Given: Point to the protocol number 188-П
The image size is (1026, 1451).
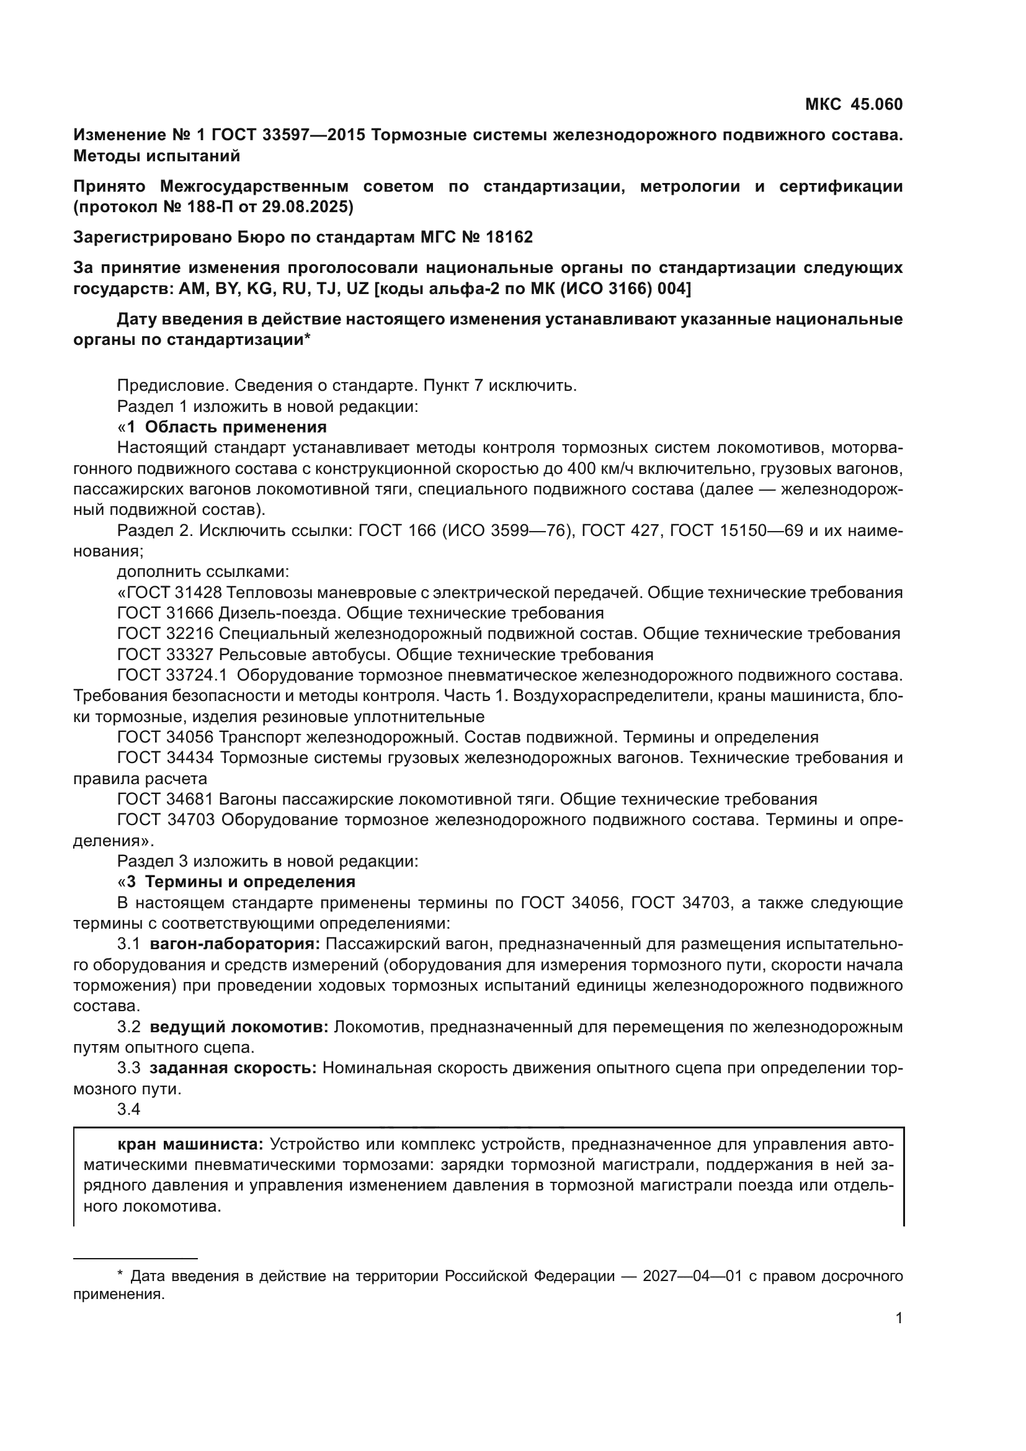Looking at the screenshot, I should click(190, 207).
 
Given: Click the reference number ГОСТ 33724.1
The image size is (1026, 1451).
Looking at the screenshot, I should click(172, 675).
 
